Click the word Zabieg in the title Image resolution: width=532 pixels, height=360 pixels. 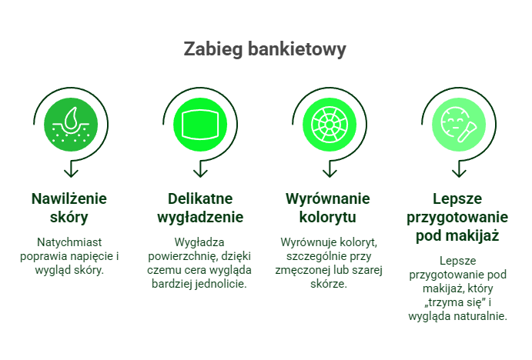click(213, 49)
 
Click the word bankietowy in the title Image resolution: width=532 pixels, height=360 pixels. click(297, 49)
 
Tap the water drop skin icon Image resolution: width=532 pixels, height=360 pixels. click(71, 125)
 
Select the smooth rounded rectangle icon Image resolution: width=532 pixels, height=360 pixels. click(200, 125)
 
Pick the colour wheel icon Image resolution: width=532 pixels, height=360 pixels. click(330, 125)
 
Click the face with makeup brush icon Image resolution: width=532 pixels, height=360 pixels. click(458, 125)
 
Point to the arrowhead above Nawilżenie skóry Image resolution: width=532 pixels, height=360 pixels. click(71, 172)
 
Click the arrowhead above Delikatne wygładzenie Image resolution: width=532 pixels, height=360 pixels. click(200, 172)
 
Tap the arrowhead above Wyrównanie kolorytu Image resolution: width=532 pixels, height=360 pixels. click(330, 172)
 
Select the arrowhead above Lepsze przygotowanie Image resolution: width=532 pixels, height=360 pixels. click(459, 172)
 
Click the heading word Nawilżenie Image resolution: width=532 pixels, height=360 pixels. click(69, 198)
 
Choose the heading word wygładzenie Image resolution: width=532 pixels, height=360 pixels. click(200, 217)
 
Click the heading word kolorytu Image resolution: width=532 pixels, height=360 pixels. click(328, 217)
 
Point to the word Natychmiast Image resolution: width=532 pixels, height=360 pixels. click(69, 242)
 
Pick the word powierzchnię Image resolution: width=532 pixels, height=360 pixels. click(183, 256)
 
